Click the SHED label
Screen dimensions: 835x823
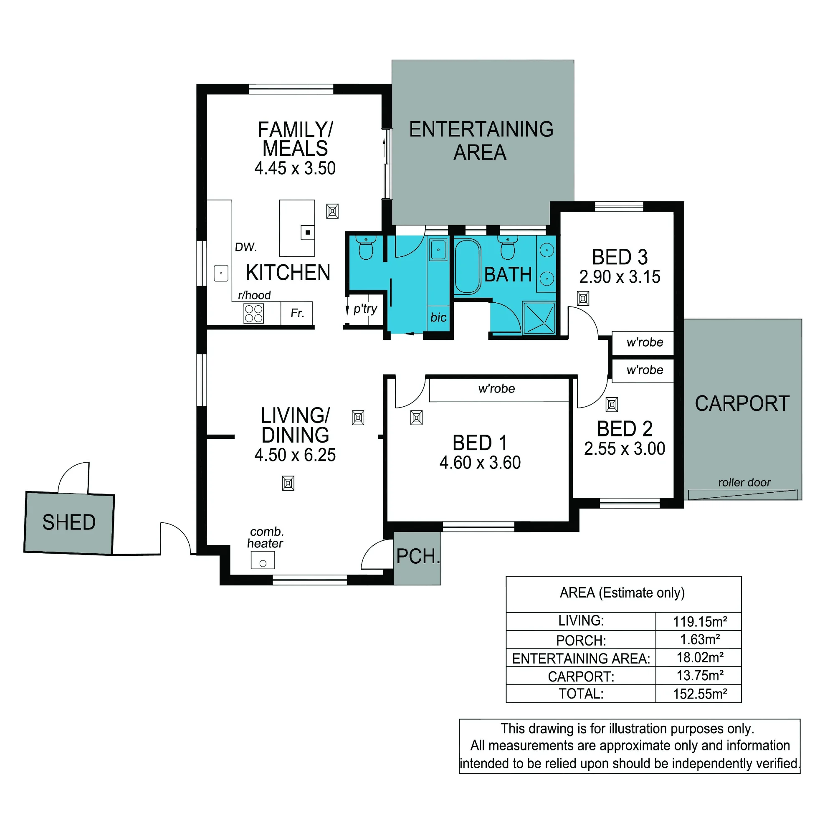(69, 522)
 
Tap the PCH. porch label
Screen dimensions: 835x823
(418, 556)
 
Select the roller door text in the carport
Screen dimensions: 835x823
(744, 482)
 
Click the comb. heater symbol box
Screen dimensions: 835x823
(263, 560)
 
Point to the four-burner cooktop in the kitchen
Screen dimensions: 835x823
(254, 314)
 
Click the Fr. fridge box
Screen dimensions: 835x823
(296, 313)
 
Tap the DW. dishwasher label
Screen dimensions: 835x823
(245, 247)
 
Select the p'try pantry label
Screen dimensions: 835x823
(365, 309)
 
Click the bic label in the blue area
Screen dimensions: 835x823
(438, 317)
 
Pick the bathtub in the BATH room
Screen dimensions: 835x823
(467, 266)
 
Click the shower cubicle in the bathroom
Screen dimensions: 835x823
(539, 318)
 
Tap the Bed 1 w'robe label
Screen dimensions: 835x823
(496, 389)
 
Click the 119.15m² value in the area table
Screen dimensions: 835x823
(700, 622)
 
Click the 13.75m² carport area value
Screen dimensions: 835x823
(700, 675)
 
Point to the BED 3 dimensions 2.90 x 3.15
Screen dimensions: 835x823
(620, 277)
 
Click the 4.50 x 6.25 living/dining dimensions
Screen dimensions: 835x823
(295, 455)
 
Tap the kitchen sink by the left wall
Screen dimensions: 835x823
(221, 273)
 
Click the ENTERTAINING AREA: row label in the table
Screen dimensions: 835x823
(581, 658)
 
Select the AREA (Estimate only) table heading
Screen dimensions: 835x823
(622, 593)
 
